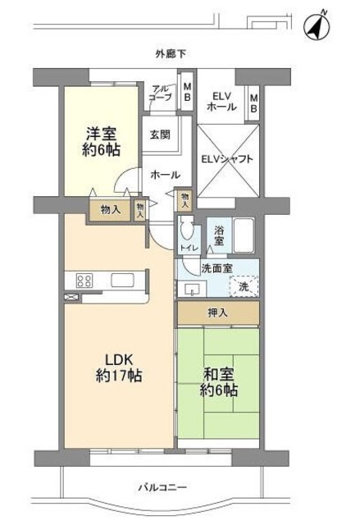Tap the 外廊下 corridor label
click(171, 54)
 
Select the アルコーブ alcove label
click(161, 93)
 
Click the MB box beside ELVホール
click(253, 103)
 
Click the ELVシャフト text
click(227, 158)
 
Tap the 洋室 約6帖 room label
click(100, 140)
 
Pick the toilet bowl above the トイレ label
click(187, 230)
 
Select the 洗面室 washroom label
click(216, 268)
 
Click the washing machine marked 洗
click(244, 285)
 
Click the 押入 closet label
click(217, 313)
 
